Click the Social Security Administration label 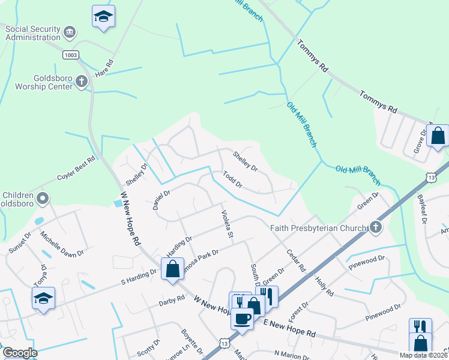[x=32, y=32]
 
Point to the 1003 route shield [x=70, y=55]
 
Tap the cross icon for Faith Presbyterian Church [x=375, y=227]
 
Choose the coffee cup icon [x=243, y=318]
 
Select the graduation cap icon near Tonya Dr [x=43, y=298]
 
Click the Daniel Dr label [x=161, y=197]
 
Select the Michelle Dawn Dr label [x=62, y=245]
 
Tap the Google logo [x=19, y=353]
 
